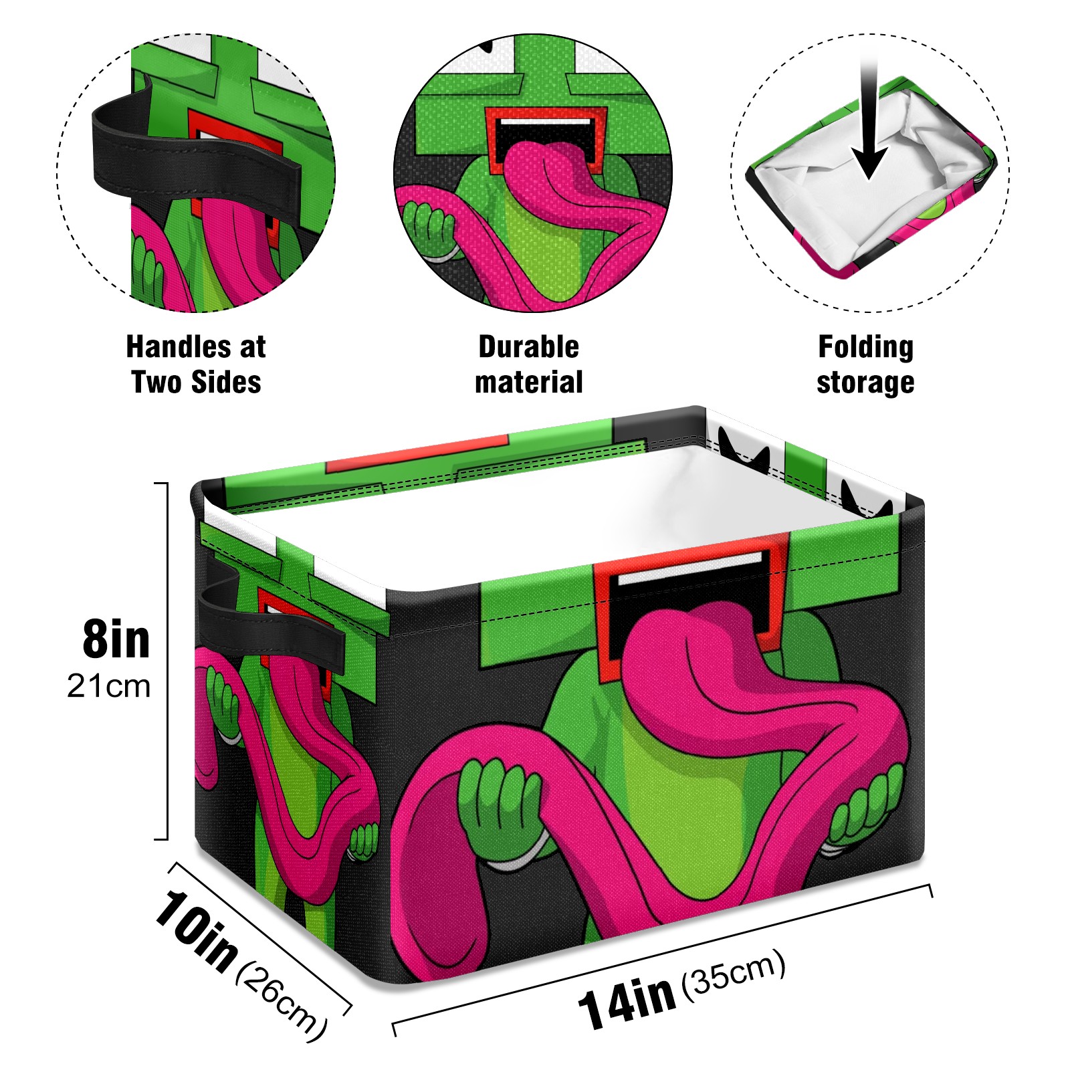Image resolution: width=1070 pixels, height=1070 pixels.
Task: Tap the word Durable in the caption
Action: [x=528, y=347]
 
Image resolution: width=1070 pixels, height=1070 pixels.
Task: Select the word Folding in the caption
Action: [x=865, y=347]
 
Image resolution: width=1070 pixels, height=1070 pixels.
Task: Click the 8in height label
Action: [x=116, y=640]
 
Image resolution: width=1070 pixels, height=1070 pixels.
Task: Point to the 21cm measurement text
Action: [x=108, y=686]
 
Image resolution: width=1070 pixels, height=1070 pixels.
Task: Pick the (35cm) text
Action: [x=733, y=974]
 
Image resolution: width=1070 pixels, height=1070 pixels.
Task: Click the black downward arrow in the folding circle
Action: [x=869, y=127]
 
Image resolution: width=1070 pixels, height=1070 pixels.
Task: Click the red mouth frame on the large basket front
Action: [x=689, y=588]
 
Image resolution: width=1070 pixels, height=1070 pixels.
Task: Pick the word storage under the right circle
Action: [x=865, y=383]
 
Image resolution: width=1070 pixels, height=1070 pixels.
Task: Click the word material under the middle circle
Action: [x=528, y=383]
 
